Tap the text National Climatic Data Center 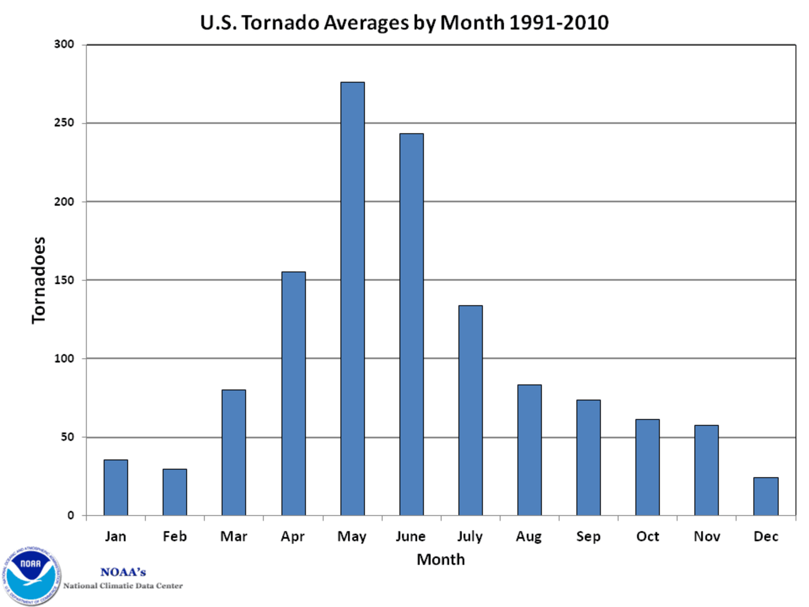click(123, 586)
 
